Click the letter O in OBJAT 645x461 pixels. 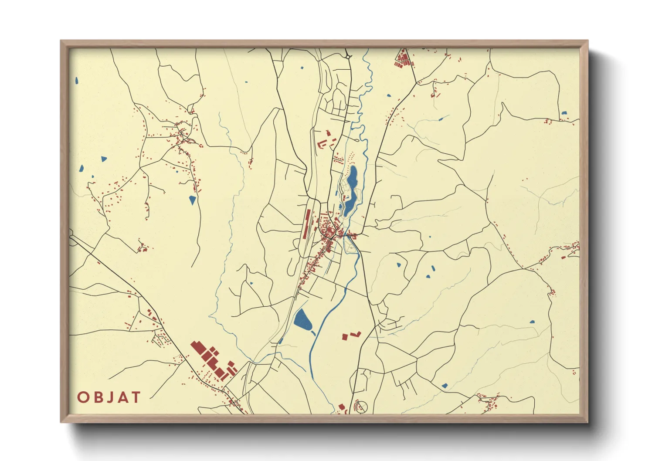(83, 397)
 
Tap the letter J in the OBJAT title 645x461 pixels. (109, 397)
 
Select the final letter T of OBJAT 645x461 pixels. (136, 397)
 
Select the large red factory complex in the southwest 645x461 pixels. (211, 360)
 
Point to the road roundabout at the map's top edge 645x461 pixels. (347, 56)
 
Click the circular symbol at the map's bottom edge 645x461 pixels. (361, 407)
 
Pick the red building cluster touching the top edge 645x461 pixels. (404, 59)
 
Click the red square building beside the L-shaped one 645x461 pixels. (345, 336)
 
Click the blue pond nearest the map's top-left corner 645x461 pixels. (77, 81)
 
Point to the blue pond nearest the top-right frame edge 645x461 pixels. (564, 113)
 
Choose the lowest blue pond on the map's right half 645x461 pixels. (445, 386)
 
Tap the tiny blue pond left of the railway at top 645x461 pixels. (302, 68)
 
